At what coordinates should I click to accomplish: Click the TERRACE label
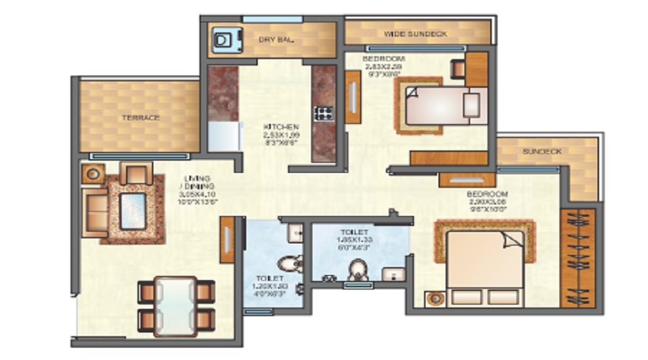(140, 117)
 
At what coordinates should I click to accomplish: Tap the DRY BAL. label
(276, 40)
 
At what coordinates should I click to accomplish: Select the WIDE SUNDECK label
(416, 34)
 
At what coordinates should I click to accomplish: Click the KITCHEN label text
(281, 126)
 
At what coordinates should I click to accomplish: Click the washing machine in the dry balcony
(225, 40)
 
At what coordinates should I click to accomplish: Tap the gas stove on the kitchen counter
(324, 112)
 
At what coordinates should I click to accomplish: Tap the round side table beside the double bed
(434, 297)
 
